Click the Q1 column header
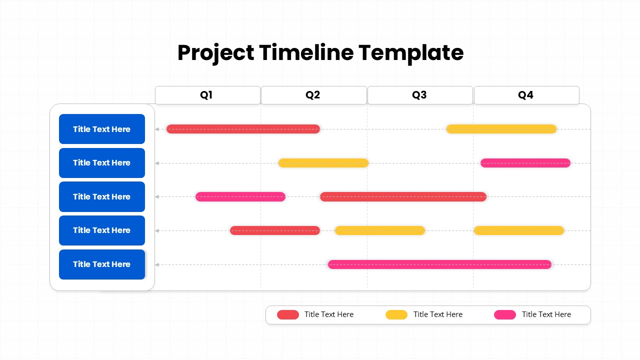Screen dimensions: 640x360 pyautogui.click(x=207, y=95)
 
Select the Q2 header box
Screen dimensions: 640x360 pyautogui.click(x=314, y=95)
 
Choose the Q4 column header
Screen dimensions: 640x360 pyautogui.click(x=526, y=95)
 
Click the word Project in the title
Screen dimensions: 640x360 pyautogui.click(x=215, y=53)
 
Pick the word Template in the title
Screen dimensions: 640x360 pyautogui.click(x=411, y=53)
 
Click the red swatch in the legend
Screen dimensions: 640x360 pyautogui.click(x=288, y=314)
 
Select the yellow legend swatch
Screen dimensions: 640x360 pyautogui.click(x=396, y=314)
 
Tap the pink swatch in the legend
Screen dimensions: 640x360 pyautogui.click(x=505, y=314)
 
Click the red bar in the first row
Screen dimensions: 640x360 pyautogui.click(x=243, y=129)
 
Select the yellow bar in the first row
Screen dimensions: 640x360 pyautogui.click(x=501, y=129)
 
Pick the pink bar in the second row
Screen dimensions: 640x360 pyautogui.click(x=525, y=163)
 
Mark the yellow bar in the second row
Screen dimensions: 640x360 pyautogui.click(x=323, y=163)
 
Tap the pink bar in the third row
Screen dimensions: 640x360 pyautogui.click(x=240, y=197)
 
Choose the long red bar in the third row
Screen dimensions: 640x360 pyautogui.click(x=403, y=197)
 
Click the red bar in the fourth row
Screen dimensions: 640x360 pyautogui.click(x=275, y=230)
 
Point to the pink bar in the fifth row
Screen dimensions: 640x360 pyautogui.click(x=439, y=264)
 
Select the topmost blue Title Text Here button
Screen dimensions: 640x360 pyautogui.click(x=102, y=129)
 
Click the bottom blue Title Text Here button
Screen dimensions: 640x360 pyautogui.click(x=102, y=264)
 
